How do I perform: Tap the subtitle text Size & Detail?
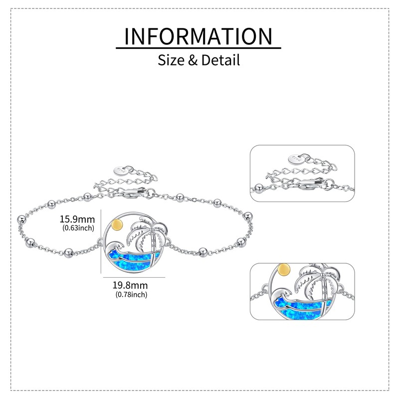199,60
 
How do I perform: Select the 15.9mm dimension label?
77,219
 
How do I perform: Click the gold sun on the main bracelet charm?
117,225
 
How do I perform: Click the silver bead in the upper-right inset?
258,187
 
